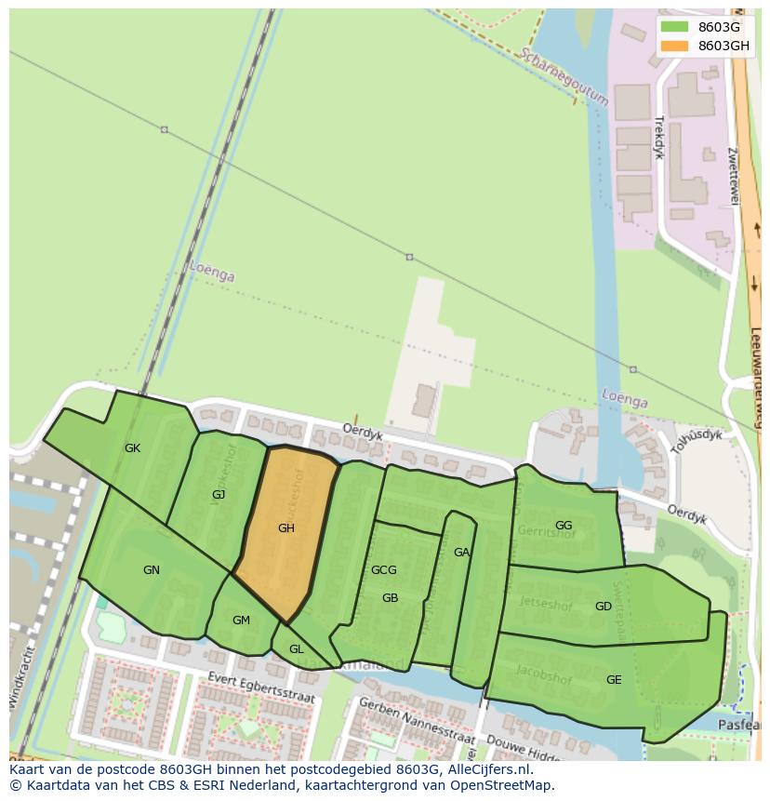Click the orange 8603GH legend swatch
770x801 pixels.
(675, 46)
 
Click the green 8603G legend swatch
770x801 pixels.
(675, 27)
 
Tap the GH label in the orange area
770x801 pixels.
(286, 528)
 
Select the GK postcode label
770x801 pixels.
(133, 448)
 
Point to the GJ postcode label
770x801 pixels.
(219, 495)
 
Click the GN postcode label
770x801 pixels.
(152, 570)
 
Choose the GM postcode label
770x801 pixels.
(241, 621)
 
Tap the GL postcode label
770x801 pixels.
(296, 649)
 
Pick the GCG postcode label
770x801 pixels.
(384, 570)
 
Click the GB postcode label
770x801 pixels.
(390, 598)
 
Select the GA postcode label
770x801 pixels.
(461, 553)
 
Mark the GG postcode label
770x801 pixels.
(564, 526)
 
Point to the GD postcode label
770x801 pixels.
(604, 607)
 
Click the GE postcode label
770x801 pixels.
(614, 680)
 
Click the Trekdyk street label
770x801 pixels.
(658, 138)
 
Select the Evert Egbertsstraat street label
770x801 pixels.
(262, 687)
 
